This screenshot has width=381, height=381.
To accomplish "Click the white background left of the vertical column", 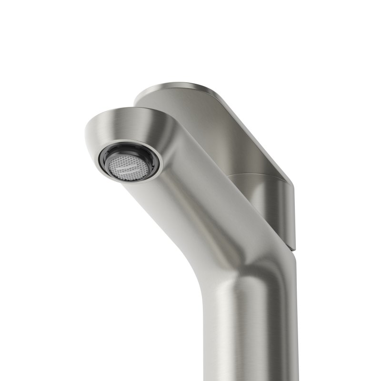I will pos(95,310).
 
